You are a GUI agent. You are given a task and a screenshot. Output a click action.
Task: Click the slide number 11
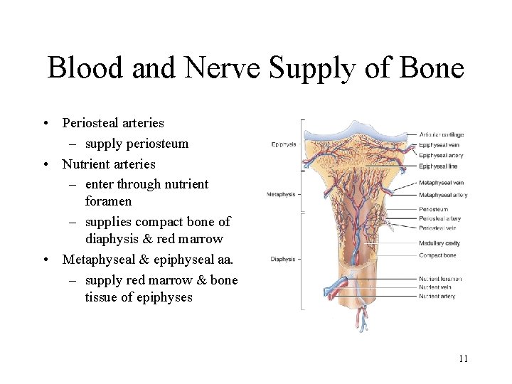tap(463, 358)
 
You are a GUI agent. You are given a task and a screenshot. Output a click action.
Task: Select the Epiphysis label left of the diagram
tap(284, 145)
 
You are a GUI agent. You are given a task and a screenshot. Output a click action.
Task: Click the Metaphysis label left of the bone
tap(281, 194)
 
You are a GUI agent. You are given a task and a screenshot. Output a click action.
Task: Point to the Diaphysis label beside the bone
tap(282, 260)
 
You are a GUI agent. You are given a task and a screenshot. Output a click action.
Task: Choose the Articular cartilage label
tap(441, 134)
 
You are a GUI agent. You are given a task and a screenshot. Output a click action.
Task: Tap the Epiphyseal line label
tap(437, 166)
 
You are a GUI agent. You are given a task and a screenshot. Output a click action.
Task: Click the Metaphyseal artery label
tap(443, 195)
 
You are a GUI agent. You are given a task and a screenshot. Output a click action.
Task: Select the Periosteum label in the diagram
tap(433, 210)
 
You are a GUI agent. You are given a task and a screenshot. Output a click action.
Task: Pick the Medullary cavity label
tap(439, 243)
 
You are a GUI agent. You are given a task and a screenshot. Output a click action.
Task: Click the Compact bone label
tap(437, 255)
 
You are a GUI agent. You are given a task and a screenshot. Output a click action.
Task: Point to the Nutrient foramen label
tap(440, 279)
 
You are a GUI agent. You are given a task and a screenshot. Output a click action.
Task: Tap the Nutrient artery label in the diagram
tap(437, 296)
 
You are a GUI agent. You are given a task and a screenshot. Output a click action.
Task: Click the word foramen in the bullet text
tap(108, 201)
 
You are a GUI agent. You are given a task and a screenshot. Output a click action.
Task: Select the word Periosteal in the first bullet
tap(92, 123)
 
